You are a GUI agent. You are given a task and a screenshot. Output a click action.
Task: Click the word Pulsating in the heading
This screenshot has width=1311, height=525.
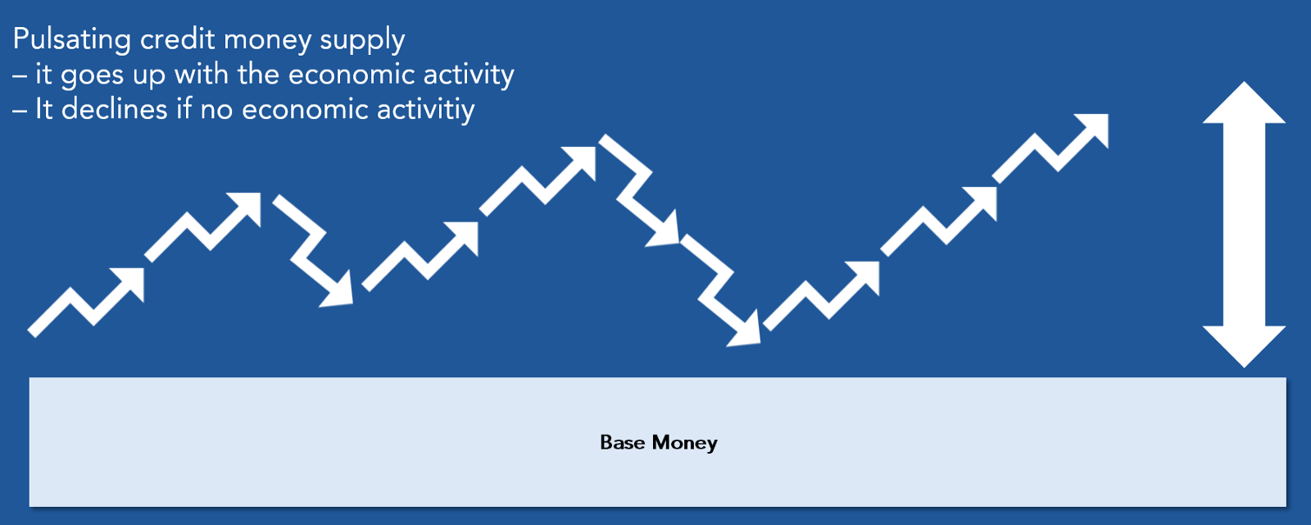[x=71, y=41]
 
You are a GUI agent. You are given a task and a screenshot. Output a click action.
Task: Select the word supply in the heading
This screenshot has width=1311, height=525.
[x=362, y=41]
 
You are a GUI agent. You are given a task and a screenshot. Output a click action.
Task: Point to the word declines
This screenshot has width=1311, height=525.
[x=114, y=109]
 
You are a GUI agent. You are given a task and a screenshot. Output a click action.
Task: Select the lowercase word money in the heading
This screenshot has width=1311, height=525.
[x=267, y=41]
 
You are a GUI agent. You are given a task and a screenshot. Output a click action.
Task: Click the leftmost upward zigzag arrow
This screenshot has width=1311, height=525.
[x=85, y=303]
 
